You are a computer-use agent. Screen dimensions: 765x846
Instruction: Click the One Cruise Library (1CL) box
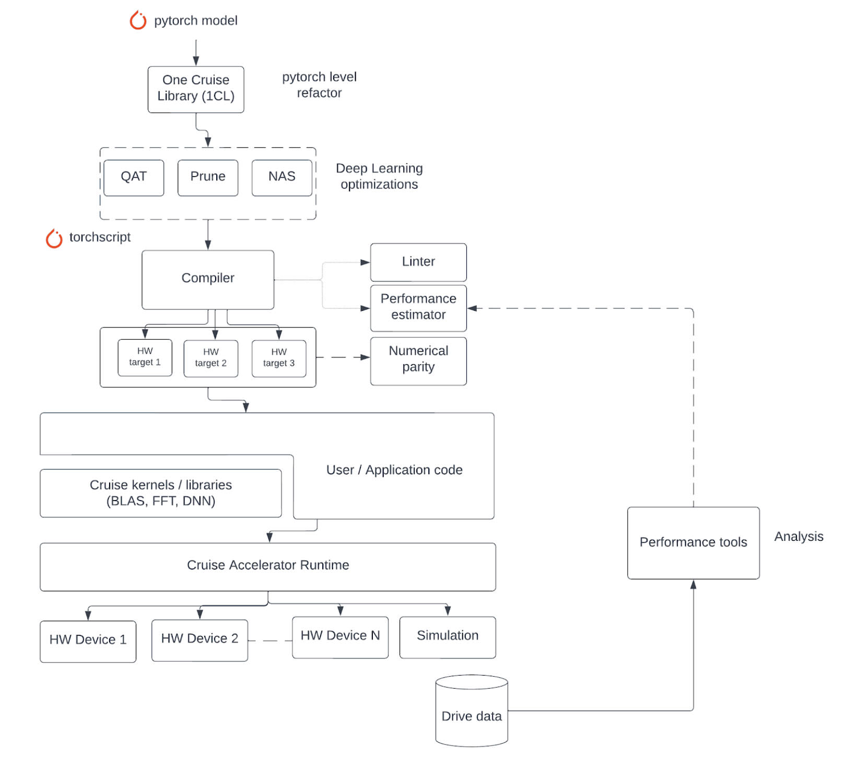tap(196, 89)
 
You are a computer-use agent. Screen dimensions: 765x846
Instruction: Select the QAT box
tap(134, 177)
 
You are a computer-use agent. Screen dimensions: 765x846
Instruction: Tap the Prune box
tap(208, 177)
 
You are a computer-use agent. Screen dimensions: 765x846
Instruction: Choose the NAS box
tap(282, 177)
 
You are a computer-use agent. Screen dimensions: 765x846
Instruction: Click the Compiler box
tap(208, 279)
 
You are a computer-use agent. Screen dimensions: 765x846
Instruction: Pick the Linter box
tap(418, 262)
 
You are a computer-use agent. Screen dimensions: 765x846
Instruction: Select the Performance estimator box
tap(418, 307)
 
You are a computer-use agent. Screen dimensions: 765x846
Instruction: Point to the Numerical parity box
tap(418, 360)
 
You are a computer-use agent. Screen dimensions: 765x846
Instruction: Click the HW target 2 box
tap(211, 358)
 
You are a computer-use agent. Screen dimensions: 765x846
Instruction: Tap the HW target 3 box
tap(279, 358)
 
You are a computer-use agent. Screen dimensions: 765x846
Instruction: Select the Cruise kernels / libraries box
tap(161, 493)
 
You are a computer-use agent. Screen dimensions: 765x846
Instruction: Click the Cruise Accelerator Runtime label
tap(268, 565)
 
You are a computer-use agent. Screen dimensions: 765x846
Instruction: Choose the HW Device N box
tap(340, 636)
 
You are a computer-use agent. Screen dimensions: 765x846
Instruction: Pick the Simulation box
tap(448, 636)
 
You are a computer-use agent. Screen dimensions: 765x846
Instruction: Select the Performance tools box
tap(693, 542)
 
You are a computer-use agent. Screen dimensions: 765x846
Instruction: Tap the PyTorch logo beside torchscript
tap(54, 238)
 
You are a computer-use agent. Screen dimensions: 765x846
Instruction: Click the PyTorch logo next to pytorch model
tap(138, 20)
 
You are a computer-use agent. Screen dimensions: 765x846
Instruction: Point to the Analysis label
tap(798, 537)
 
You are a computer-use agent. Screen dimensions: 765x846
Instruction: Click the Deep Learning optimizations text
tap(379, 177)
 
